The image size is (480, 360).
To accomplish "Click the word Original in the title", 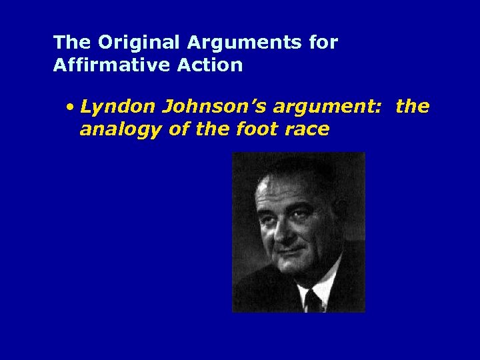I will [x=139, y=43].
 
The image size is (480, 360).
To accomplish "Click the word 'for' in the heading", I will [x=324, y=43].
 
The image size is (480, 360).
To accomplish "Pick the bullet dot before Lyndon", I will [x=70, y=107].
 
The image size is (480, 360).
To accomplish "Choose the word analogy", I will [x=121, y=129].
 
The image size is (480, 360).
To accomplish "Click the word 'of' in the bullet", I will [x=177, y=129].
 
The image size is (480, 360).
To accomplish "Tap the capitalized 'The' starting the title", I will [x=71, y=43].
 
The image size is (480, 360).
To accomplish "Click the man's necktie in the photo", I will [x=311, y=299].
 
